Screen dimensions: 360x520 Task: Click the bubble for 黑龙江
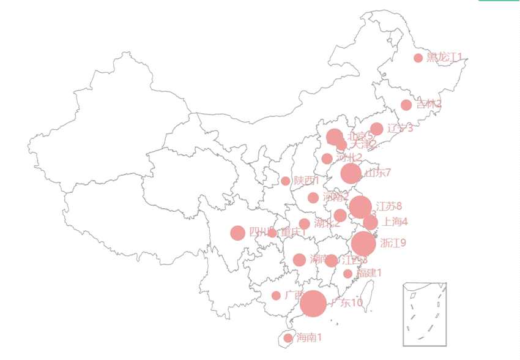pos(418,58)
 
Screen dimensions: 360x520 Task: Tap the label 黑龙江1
pos(444,58)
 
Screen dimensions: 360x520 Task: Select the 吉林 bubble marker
pos(406,105)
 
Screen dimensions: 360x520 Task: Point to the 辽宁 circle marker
pos(377,129)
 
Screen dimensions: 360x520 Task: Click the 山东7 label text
pos(377,173)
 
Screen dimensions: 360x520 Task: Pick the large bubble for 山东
pos(351,173)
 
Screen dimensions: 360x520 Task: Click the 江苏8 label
pos(389,206)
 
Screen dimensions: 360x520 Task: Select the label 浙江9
pos(393,243)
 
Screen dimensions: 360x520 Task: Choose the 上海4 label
pos(395,222)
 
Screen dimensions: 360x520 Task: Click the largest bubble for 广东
pos(313,303)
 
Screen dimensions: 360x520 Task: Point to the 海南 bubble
pos(288,338)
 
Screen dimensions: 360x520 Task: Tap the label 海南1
pos(309,337)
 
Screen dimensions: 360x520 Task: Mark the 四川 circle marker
pos(238,233)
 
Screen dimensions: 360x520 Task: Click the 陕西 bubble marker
pos(286,181)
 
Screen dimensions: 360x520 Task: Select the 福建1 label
pos(370,273)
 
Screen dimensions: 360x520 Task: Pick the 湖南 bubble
pos(299,260)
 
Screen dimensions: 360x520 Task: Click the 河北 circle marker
pos(327,159)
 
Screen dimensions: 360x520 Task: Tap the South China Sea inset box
pos(424,314)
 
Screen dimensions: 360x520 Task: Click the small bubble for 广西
pos(276,296)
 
